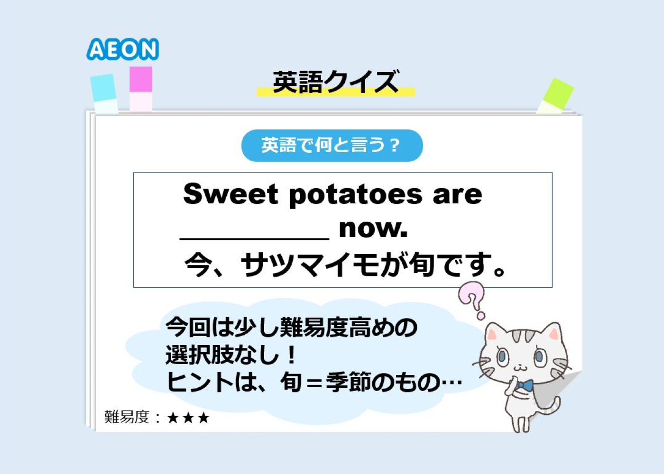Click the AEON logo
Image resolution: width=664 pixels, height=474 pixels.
pyautogui.click(x=123, y=49)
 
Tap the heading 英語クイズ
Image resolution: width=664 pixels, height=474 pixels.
pyautogui.click(x=336, y=82)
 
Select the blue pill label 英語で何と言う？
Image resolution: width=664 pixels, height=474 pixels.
pyautogui.click(x=332, y=146)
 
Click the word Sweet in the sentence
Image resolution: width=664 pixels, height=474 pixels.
pyautogui.click(x=231, y=194)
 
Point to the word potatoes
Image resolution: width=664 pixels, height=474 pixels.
pyautogui.click(x=355, y=195)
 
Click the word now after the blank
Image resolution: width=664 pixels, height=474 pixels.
pyautogui.click(x=373, y=228)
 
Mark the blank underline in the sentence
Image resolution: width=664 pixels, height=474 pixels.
pyautogui.click(x=254, y=238)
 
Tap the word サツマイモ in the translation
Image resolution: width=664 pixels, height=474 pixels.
pyautogui.click(x=310, y=264)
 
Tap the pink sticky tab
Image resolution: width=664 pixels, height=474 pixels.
pyautogui.click(x=141, y=89)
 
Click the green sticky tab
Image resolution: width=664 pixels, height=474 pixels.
pyautogui.click(x=555, y=95)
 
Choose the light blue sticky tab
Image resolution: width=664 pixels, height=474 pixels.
pyautogui.click(x=104, y=93)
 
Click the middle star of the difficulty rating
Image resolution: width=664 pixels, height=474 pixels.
pyautogui.click(x=188, y=418)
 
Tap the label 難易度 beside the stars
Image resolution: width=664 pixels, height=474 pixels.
pyautogui.click(x=127, y=418)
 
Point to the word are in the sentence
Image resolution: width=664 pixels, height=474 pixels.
pyautogui.click(x=457, y=196)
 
